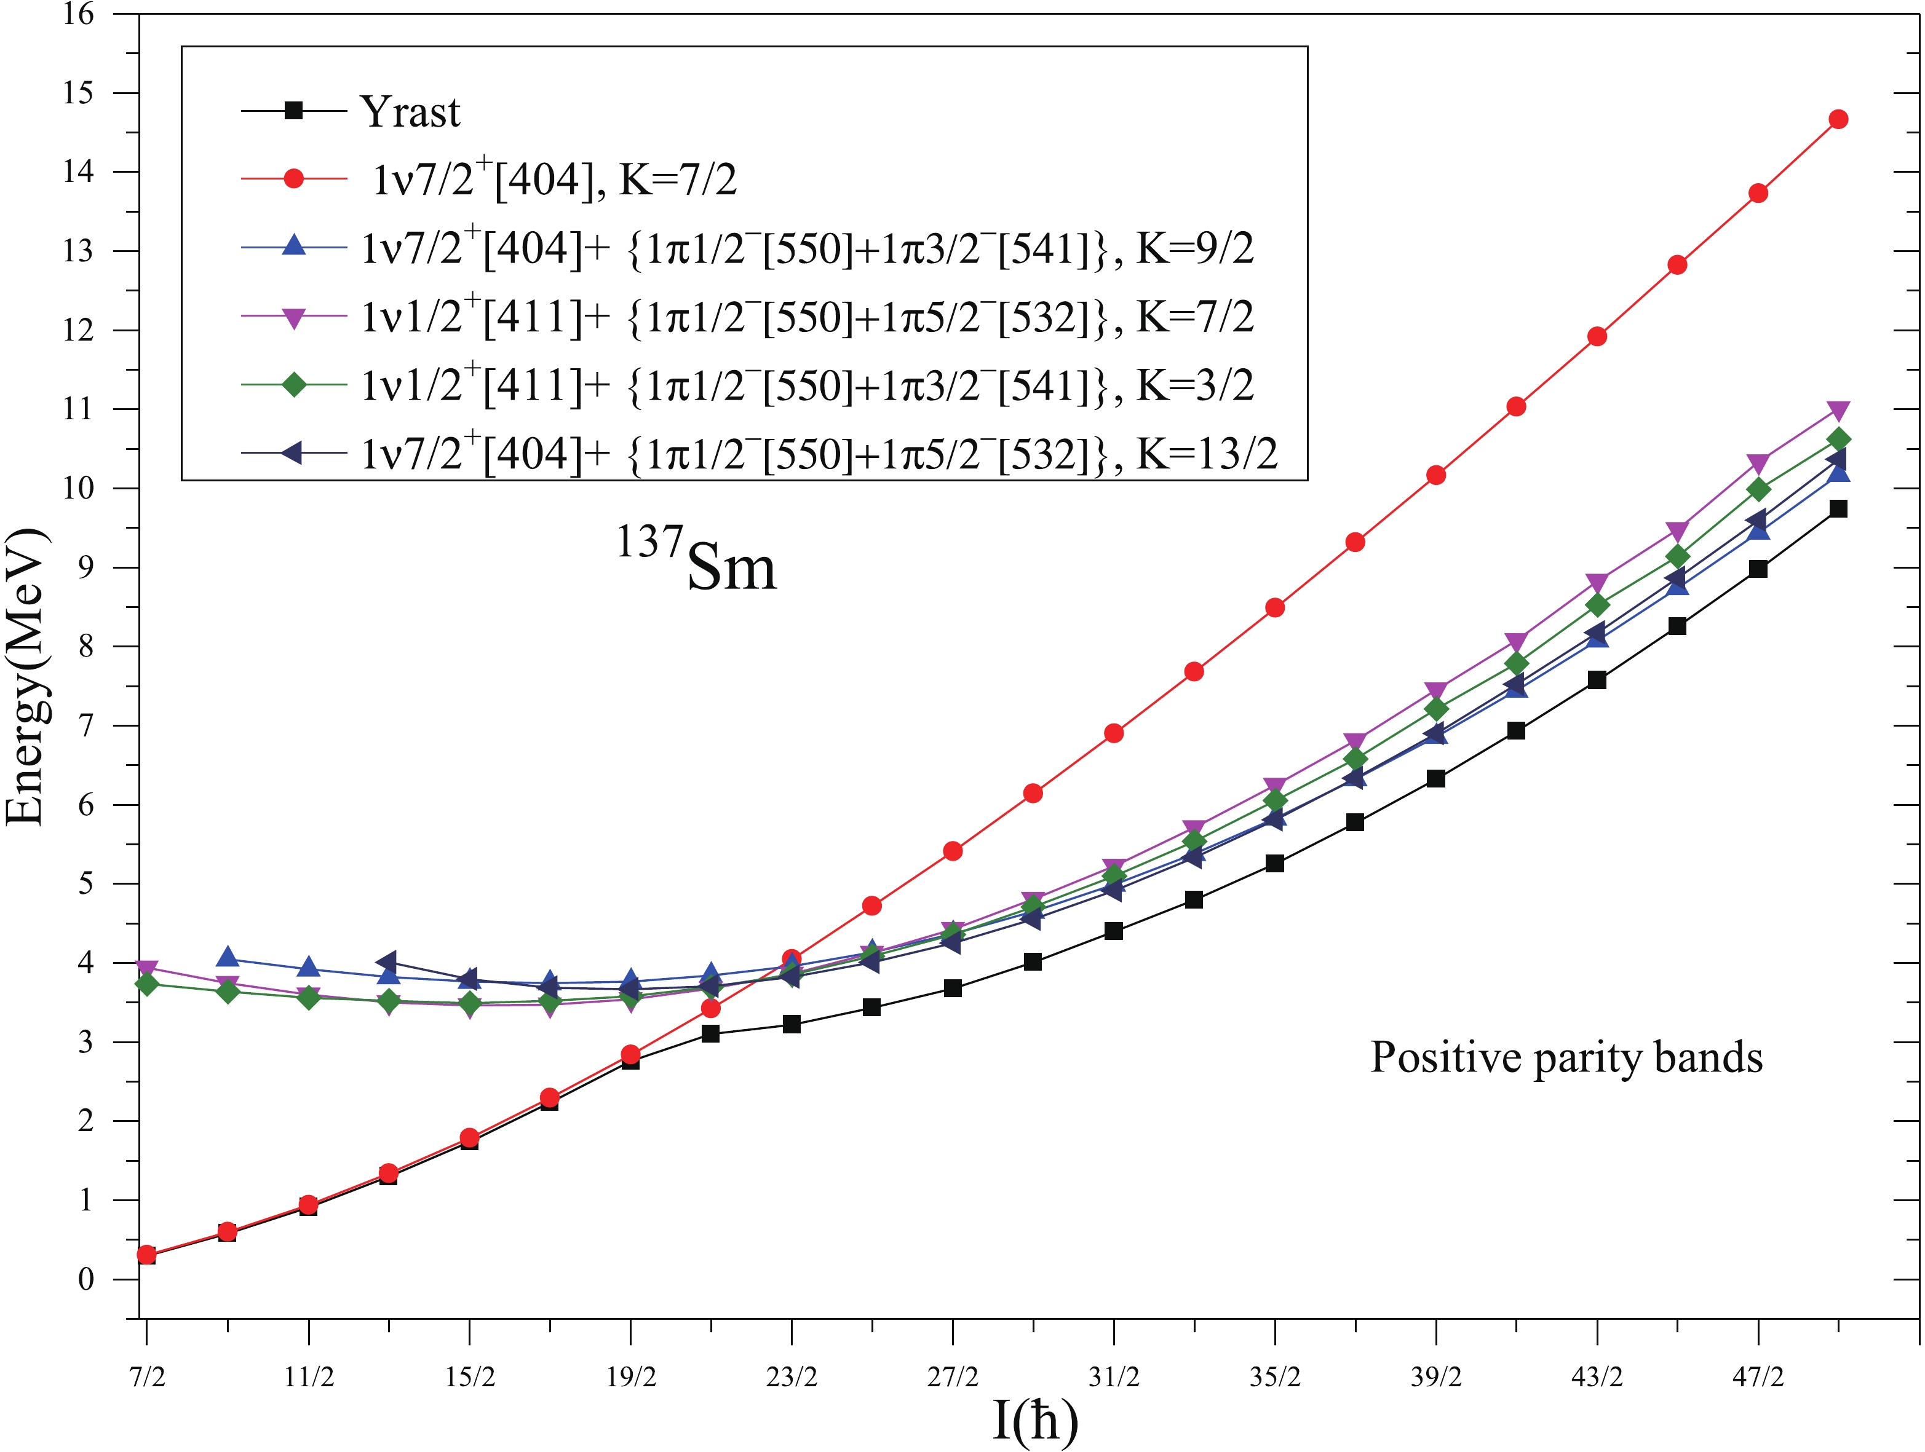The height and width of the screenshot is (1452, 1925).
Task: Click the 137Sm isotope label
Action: coord(696,561)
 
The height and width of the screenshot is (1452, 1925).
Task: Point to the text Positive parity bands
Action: coord(1566,1058)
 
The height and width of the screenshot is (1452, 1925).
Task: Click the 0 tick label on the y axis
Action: coord(84,1279)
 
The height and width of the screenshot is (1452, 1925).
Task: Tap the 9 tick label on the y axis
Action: coord(84,567)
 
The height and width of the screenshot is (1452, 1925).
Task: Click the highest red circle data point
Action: coord(1838,119)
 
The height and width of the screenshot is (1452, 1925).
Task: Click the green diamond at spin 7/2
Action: coord(146,984)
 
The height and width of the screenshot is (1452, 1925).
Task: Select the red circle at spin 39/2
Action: coord(1436,475)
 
